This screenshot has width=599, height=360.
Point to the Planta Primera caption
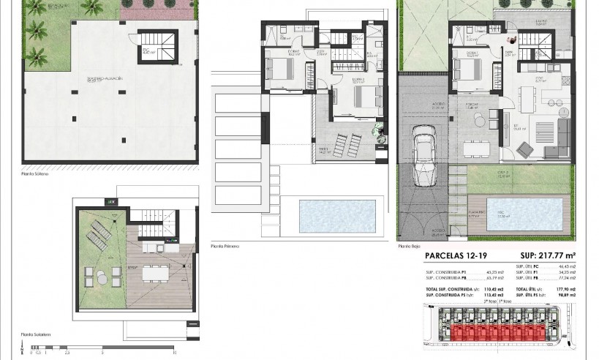tap(225, 246)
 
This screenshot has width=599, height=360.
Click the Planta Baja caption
tap(410, 246)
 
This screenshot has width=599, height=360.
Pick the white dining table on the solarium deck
tap(154, 272)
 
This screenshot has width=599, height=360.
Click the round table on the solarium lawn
tap(103, 276)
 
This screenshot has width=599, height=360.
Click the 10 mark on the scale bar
tap(174, 353)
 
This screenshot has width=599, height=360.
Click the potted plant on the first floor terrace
tap(377, 130)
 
